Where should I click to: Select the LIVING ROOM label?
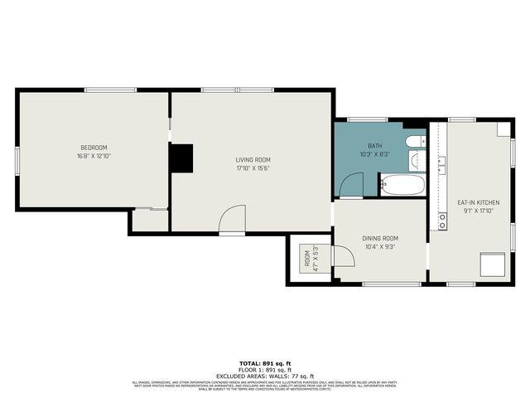(253, 160)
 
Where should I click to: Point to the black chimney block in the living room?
(181, 158)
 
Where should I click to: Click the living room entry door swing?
(234, 219)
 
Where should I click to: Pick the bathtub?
(402, 185)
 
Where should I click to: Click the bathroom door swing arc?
(351, 184)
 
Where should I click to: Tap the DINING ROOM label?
(380, 238)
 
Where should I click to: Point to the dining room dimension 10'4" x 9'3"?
(380, 246)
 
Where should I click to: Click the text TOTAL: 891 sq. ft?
(265, 364)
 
